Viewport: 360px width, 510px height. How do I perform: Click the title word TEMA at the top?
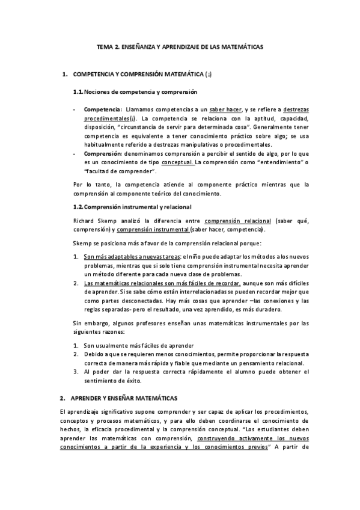click(x=105, y=46)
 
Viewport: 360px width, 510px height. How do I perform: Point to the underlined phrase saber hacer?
click(x=225, y=109)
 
